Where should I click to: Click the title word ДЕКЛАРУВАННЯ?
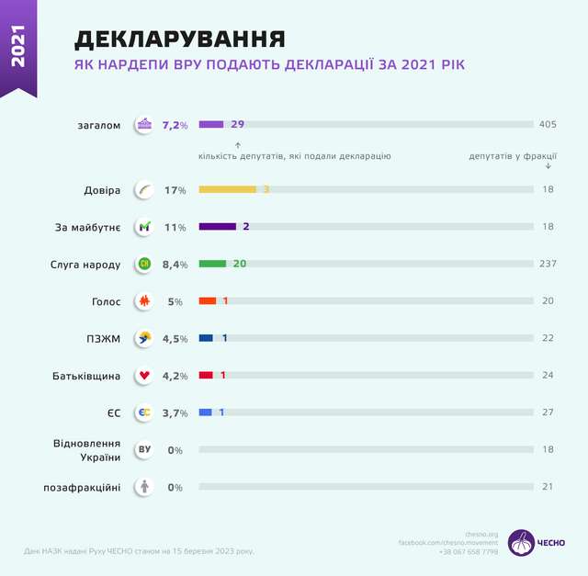179,39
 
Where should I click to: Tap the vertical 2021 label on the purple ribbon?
18,45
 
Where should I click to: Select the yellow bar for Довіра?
227,189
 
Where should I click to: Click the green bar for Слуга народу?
212,264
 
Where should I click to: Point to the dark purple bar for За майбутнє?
217,226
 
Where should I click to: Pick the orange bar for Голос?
208,300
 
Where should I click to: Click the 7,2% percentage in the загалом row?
175,124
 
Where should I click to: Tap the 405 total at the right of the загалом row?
548,124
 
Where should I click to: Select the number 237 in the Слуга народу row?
548,264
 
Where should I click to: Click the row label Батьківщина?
88,376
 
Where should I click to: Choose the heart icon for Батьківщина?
144,376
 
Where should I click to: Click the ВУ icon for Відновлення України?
144,450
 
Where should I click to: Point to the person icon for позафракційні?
144,487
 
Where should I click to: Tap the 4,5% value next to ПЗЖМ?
175,338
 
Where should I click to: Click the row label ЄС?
114,412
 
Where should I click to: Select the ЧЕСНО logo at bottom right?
537,542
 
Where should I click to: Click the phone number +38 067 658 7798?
469,552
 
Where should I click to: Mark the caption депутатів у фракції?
513,156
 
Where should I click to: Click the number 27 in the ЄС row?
548,412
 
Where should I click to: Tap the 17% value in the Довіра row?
175,190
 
